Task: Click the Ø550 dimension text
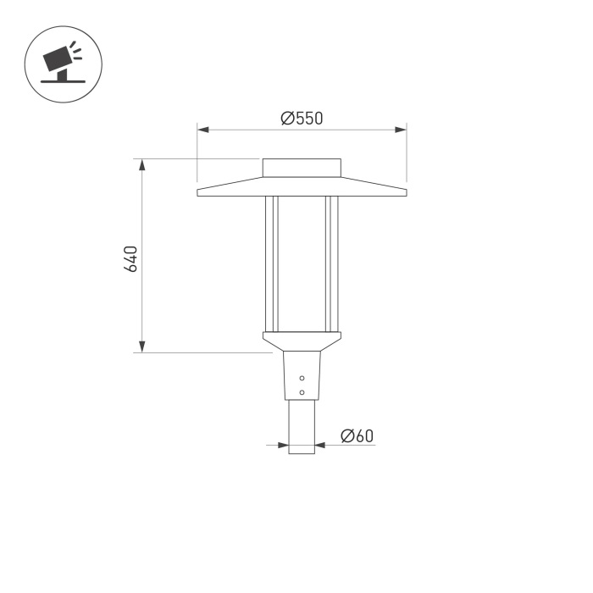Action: coord(302,119)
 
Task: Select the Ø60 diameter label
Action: coord(357,436)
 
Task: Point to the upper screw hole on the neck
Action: coord(302,378)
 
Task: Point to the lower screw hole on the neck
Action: coord(302,391)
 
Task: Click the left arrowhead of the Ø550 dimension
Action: coord(203,130)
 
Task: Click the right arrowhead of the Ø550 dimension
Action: coord(401,130)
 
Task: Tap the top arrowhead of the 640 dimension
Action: coord(142,164)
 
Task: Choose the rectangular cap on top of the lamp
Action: coord(302,168)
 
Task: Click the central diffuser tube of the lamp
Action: coord(302,263)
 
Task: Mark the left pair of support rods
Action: coord(271,263)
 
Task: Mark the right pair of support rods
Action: coord(332,263)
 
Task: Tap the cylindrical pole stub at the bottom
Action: coord(302,427)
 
